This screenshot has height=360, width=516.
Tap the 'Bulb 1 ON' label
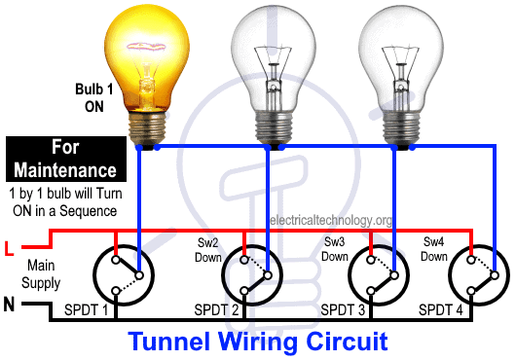94,98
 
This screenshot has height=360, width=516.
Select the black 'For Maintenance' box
66,160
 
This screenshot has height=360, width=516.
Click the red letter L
9,248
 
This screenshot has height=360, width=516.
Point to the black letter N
9,304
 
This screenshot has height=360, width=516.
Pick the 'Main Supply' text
41,274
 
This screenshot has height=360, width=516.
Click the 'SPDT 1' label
87,309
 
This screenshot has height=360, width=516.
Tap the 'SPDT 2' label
216,309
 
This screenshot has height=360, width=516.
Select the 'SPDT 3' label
343,309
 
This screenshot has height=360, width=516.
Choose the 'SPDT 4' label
441,309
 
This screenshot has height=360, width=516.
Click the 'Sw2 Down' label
208,250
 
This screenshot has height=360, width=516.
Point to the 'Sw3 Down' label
334,249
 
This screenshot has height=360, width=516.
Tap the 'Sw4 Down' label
433,249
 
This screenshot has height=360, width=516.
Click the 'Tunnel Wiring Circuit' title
258,342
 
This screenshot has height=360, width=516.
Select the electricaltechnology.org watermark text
331,220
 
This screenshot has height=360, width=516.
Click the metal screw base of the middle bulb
274,128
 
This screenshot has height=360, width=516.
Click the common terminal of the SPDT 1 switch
139,275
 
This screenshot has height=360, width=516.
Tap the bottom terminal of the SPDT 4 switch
471,291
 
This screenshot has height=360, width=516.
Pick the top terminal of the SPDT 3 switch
371,260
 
